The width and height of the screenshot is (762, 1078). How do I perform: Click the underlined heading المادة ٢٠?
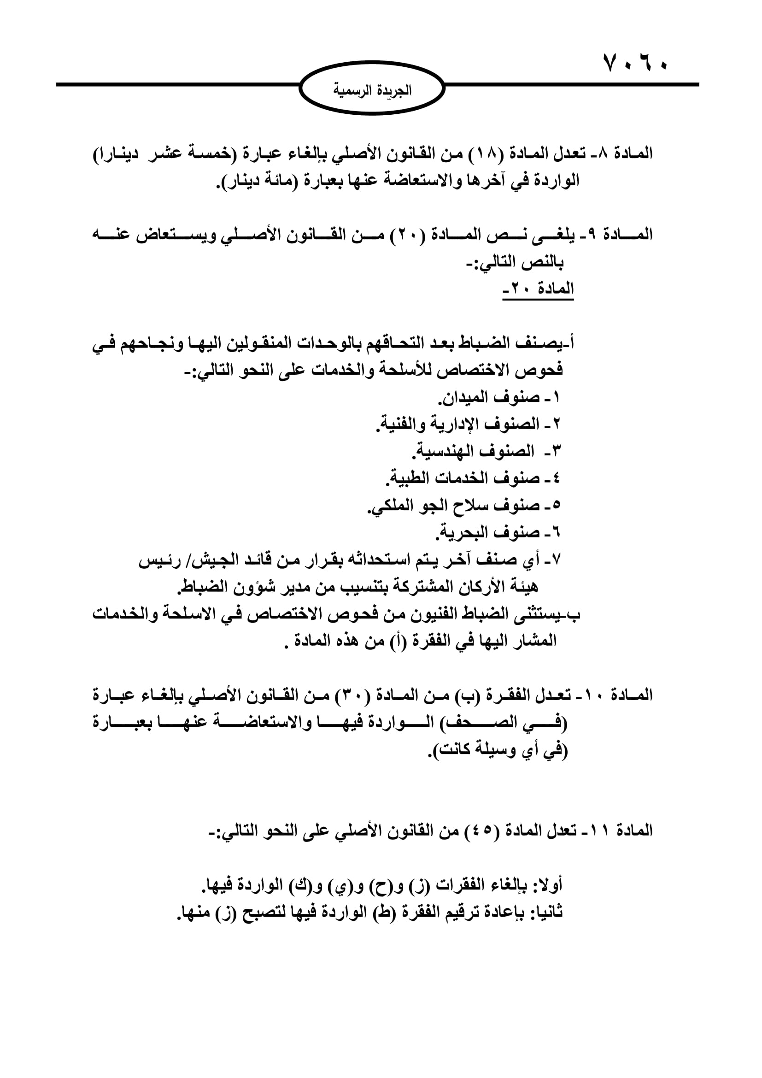pyautogui.click(x=539, y=288)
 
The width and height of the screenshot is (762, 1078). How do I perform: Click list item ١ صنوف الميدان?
pyautogui.click(x=499, y=398)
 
